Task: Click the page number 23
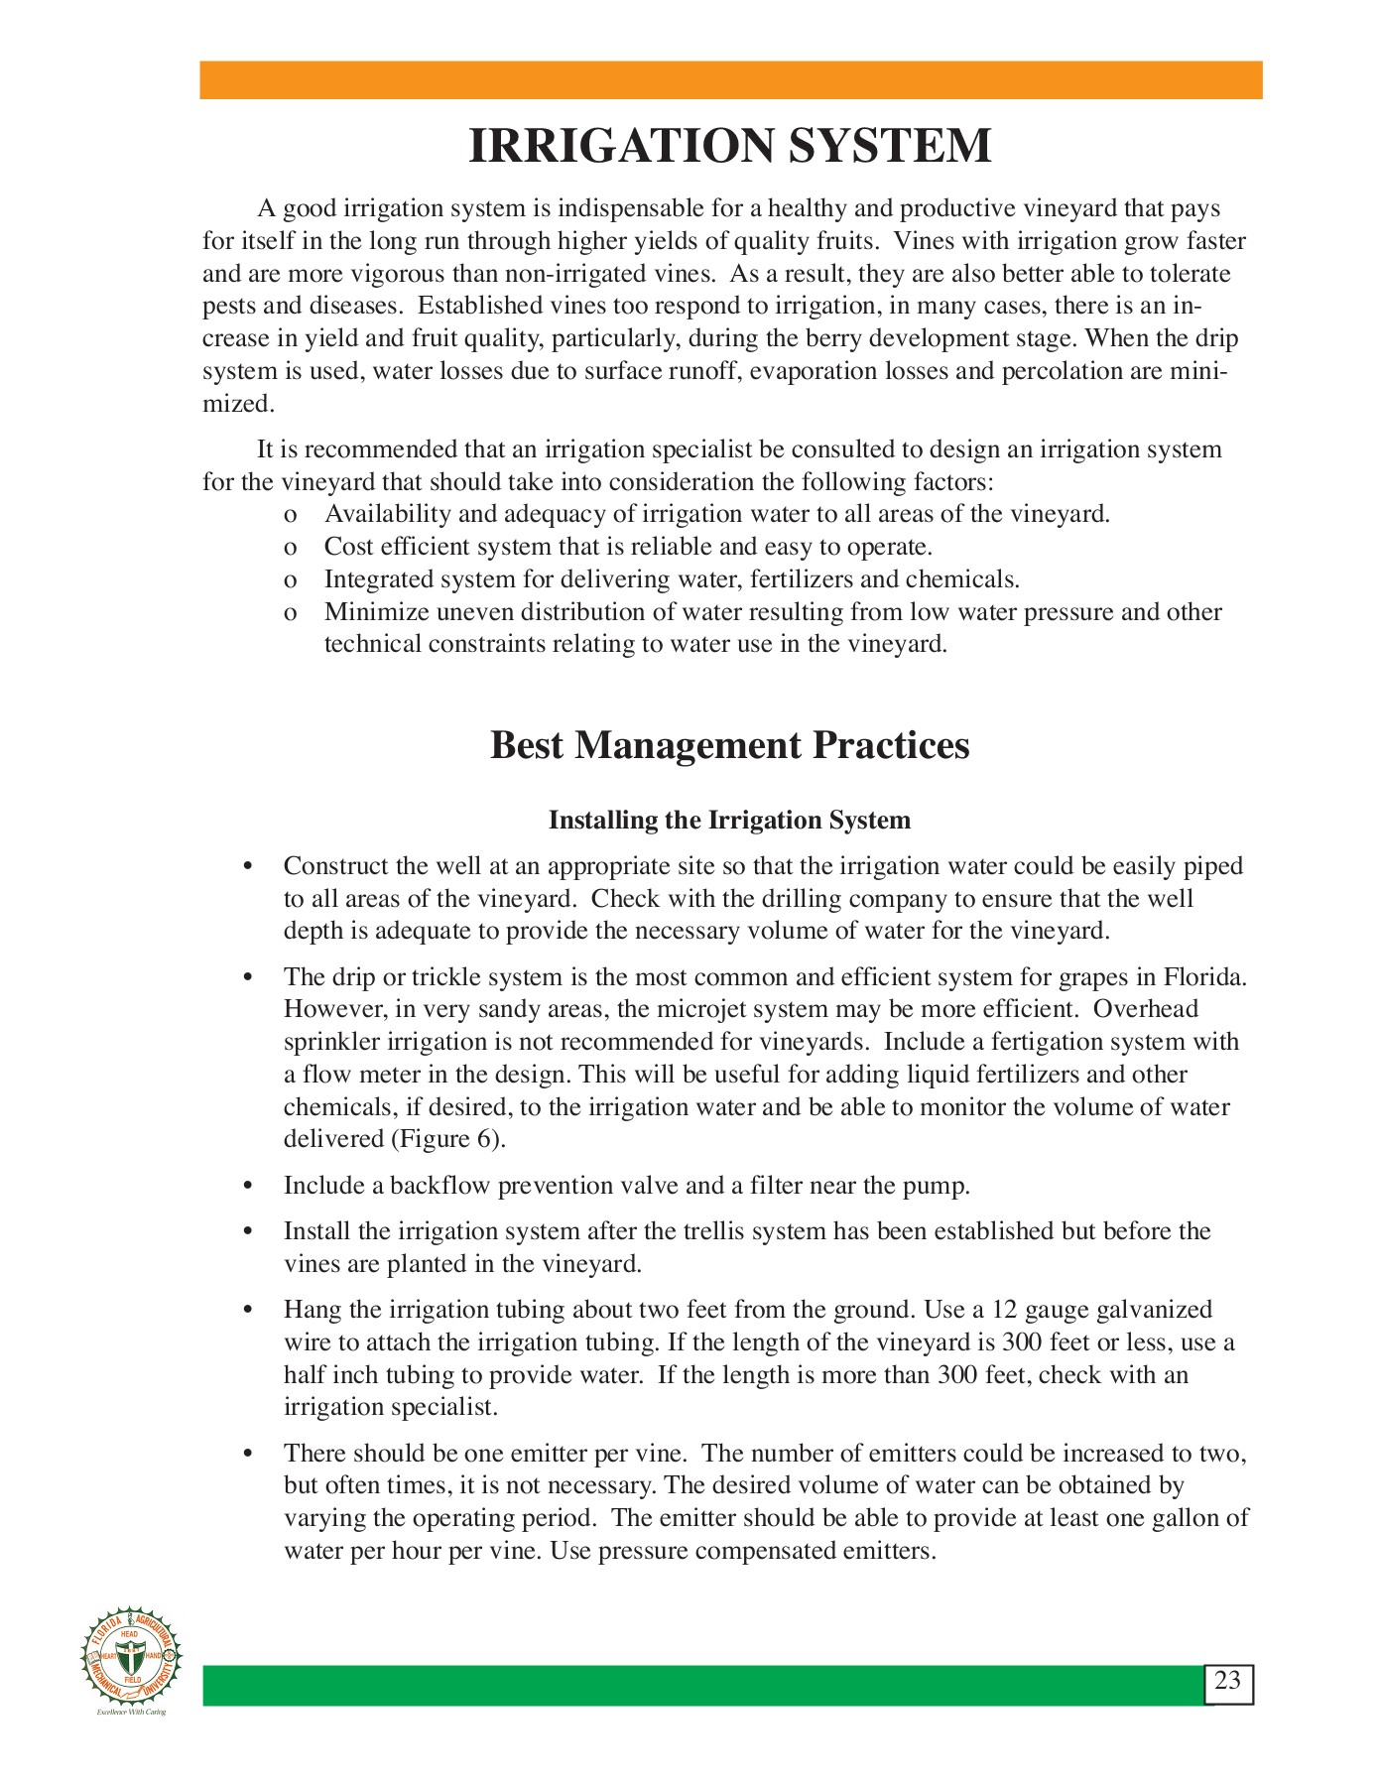(x=1227, y=1681)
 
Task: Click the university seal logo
(x=132, y=1657)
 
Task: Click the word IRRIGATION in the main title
(x=621, y=146)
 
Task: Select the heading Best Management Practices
(x=729, y=745)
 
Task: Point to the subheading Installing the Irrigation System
(x=729, y=821)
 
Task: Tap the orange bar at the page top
(x=730, y=80)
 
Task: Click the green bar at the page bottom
(x=694, y=1686)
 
